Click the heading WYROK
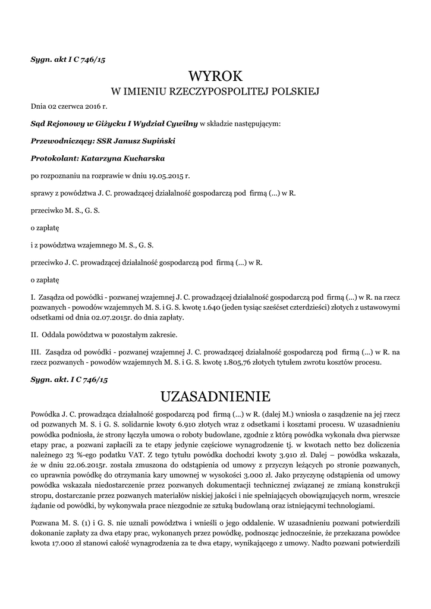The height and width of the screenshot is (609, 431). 215,76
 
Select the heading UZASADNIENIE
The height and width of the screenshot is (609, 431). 215,396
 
